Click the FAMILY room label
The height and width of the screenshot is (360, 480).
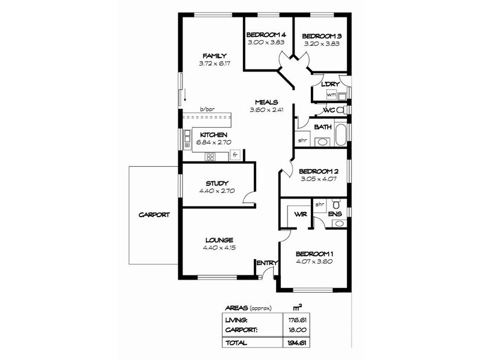click(215, 56)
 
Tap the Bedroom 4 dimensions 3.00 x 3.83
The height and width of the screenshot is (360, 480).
click(266, 42)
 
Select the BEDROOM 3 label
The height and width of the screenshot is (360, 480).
click(322, 36)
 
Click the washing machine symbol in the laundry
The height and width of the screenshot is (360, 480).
click(331, 95)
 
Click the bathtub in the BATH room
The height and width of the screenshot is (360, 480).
click(341, 134)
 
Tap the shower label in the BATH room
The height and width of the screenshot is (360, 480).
click(302, 140)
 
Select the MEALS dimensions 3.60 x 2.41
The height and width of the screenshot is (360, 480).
click(266, 110)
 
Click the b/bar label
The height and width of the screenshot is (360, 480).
click(207, 109)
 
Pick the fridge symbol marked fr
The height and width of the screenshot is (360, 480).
click(235, 155)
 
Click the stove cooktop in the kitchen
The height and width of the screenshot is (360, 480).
click(211, 157)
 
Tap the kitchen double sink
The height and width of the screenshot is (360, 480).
click(187, 140)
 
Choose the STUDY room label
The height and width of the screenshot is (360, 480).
click(217, 184)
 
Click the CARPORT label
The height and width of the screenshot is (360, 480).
click(154, 215)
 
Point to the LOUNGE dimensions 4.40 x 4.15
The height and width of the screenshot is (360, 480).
click(219, 248)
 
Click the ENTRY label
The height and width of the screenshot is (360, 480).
click(267, 263)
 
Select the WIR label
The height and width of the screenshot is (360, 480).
click(301, 214)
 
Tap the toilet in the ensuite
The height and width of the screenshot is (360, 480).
click(337, 203)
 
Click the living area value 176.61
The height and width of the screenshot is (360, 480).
click(297, 320)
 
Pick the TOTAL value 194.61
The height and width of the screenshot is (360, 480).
click(297, 343)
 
